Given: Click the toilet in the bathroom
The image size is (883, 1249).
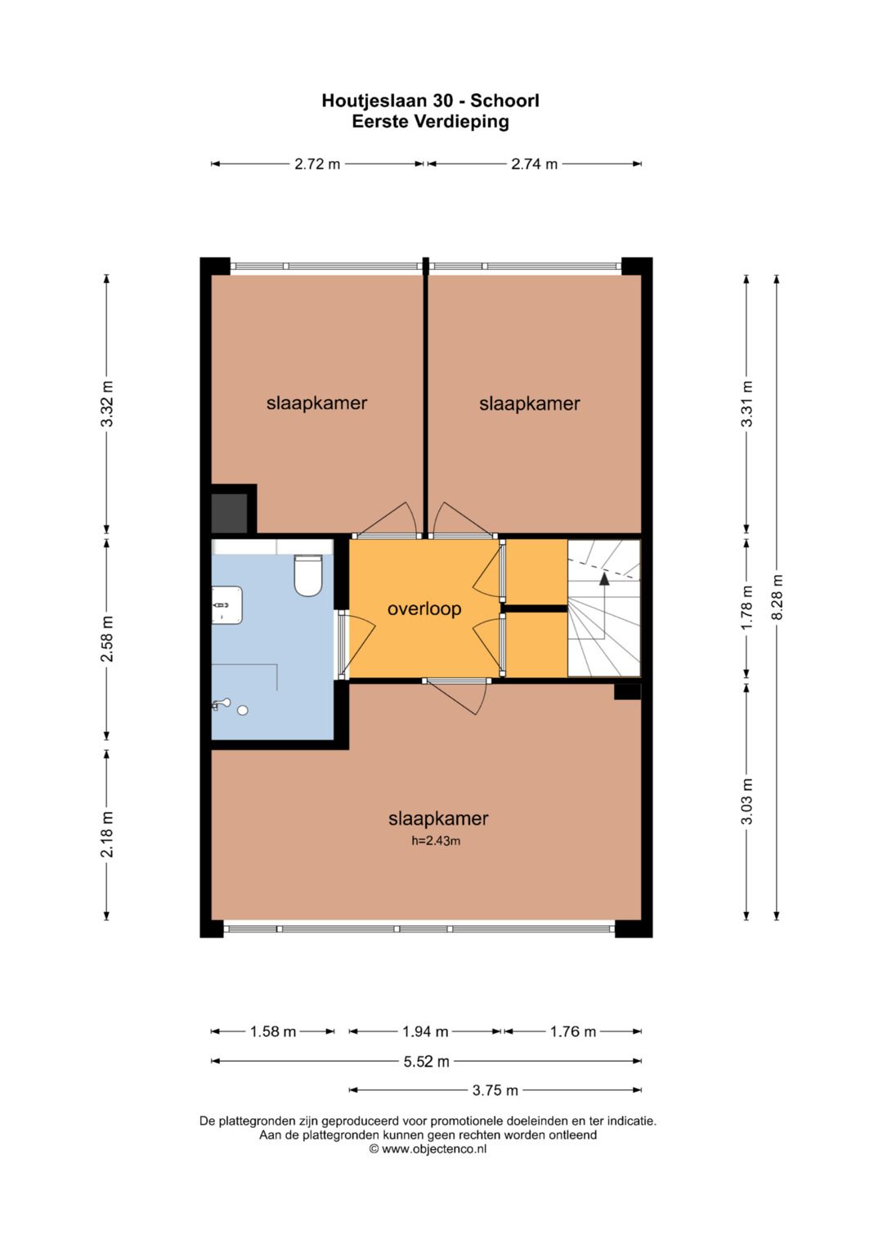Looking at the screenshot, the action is (307, 575).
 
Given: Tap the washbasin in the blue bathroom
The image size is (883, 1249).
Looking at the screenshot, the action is (227, 605).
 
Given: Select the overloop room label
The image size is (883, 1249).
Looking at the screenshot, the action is (424, 609).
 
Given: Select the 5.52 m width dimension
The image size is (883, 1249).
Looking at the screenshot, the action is (427, 1062).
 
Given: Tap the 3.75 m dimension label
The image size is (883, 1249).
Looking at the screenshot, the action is (495, 1090).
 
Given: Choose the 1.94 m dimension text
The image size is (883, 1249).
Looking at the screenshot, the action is (425, 1032).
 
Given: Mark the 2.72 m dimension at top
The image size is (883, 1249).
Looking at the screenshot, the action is (317, 164).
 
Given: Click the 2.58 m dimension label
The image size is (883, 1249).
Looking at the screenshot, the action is (106, 639).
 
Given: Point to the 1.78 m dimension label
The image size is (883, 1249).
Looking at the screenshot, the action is (747, 608).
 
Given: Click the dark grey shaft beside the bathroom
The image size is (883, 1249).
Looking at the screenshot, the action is (230, 513).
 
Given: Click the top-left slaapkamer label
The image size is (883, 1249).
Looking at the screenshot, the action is (316, 402).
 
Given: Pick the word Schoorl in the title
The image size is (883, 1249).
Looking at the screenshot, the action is (505, 101).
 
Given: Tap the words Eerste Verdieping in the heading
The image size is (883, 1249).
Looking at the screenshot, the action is (430, 121).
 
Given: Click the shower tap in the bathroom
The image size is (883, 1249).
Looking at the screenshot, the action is (221, 703).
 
